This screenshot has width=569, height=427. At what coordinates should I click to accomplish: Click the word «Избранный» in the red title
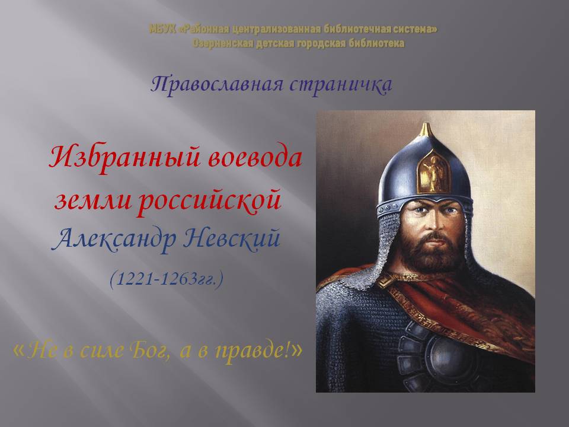[x=124, y=158]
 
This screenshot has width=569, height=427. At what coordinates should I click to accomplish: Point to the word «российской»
[x=209, y=200]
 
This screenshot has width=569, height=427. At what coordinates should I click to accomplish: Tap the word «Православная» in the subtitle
[x=217, y=85]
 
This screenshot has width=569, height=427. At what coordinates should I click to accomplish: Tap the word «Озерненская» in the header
[x=223, y=43]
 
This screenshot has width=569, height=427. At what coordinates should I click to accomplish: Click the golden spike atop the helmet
[x=426, y=130]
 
